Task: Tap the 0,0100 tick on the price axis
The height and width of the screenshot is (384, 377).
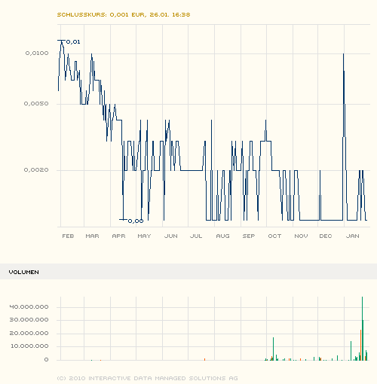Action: [x=37, y=53]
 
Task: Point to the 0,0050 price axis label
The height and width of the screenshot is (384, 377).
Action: [x=37, y=103]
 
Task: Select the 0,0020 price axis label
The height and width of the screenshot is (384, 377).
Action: [x=37, y=169]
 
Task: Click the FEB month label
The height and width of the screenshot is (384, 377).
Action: [x=67, y=236]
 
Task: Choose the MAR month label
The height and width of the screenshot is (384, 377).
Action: [x=93, y=236]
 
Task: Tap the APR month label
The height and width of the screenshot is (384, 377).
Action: [x=118, y=236]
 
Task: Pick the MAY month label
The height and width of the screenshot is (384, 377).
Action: [x=144, y=236]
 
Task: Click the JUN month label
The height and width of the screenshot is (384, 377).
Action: [x=170, y=236]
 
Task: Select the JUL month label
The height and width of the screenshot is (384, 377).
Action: [x=196, y=236]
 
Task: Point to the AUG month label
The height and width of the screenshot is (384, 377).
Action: [x=222, y=236]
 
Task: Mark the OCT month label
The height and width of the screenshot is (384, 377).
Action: [x=274, y=236]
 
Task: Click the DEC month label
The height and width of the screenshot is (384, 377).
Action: [x=326, y=236]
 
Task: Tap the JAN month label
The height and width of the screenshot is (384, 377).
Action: [x=352, y=236]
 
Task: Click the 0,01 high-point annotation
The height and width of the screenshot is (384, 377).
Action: [x=73, y=41]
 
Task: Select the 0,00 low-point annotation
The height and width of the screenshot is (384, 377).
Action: [x=136, y=221]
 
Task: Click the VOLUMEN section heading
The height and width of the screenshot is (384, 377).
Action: [x=23, y=271]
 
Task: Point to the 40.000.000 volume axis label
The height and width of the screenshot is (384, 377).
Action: [x=30, y=306]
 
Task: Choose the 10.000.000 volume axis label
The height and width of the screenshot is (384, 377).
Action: [x=30, y=346]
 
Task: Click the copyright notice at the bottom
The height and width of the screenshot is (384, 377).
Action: [x=148, y=377]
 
